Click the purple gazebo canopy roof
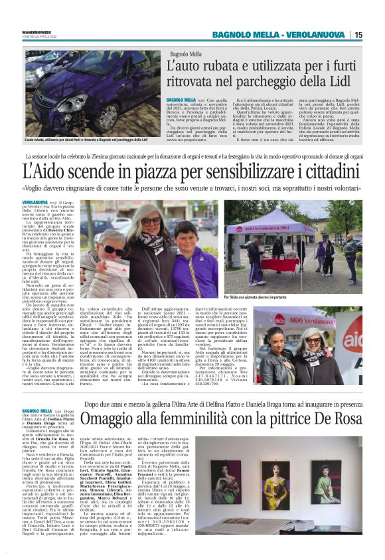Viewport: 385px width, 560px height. [x=293, y=217]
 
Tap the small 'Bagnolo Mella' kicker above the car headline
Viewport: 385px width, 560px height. [x=187, y=51]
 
